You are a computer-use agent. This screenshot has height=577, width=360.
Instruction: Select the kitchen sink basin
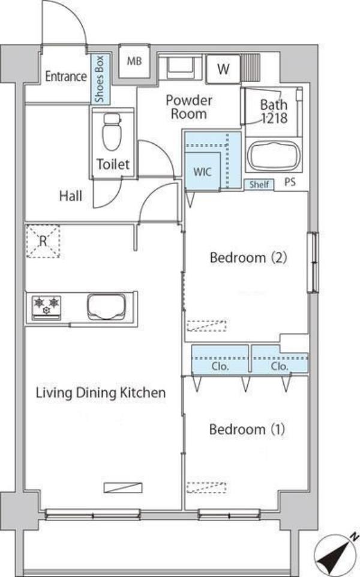[106, 306]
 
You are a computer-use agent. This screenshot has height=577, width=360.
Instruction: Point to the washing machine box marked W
[223, 68]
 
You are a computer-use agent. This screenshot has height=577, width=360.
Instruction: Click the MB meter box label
[134, 61]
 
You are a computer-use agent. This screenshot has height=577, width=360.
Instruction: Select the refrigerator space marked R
[43, 241]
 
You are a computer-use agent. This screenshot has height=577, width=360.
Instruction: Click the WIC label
[202, 172]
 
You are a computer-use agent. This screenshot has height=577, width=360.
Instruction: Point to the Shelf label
[259, 184]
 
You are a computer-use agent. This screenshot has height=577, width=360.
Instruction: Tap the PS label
[290, 182]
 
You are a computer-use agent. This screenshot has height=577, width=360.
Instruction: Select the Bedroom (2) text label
[248, 257]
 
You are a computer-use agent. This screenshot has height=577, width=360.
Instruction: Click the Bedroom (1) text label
[247, 429]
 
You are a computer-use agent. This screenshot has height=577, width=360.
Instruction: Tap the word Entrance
[66, 76]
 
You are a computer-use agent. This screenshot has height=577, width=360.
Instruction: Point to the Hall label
[71, 196]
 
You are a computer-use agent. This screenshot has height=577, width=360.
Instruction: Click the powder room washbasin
[180, 68]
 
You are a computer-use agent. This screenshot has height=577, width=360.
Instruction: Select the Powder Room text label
[189, 107]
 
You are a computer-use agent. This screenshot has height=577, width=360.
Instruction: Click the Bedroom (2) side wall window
[313, 262]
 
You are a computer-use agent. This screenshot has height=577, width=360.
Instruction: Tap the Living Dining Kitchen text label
[101, 393]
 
